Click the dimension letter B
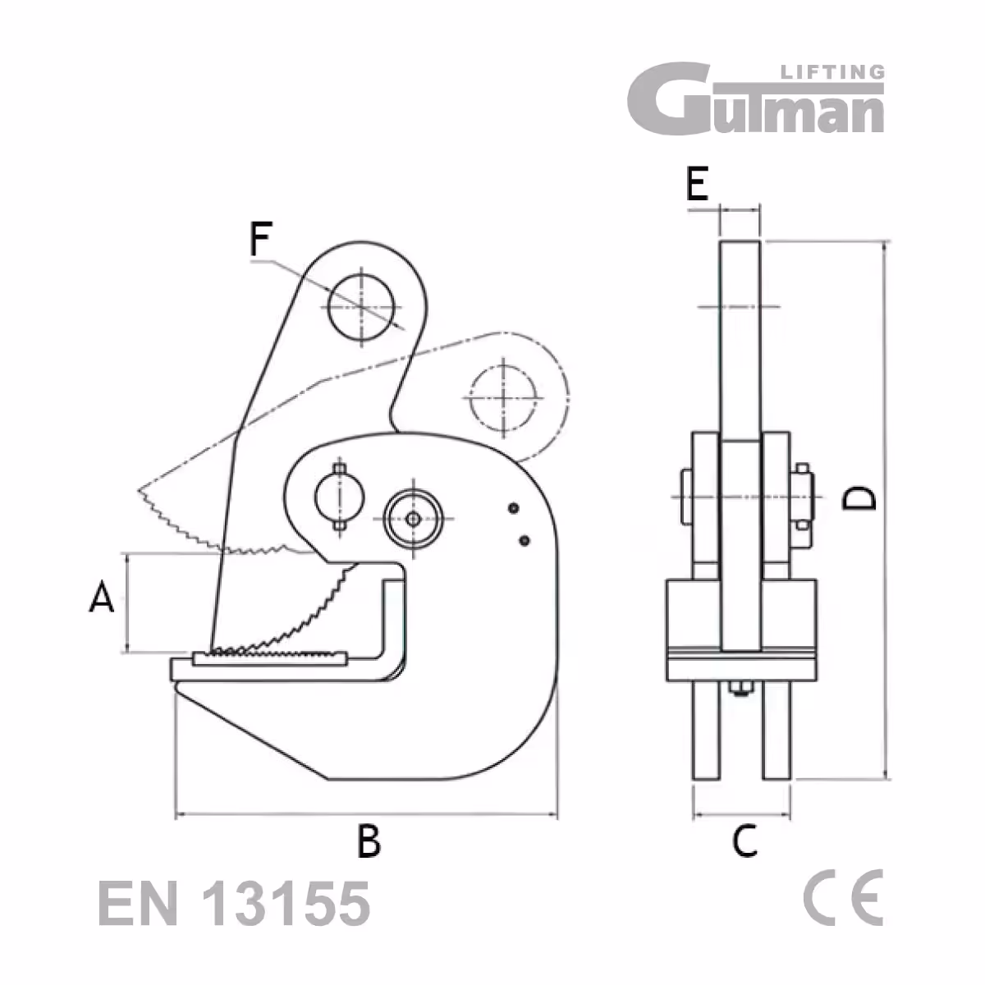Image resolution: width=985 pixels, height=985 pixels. tap(369, 841)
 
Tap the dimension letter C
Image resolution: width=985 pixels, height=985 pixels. tap(744, 841)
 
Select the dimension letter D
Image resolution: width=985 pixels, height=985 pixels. tap(860, 498)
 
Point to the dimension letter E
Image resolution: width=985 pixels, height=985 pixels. tap(697, 184)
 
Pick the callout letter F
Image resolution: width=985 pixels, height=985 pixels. tap(260, 240)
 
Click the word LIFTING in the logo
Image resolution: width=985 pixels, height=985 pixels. tap(830, 72)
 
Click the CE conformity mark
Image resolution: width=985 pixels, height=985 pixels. tap(843, 897)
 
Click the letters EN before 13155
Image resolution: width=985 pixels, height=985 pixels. tap(138, 905)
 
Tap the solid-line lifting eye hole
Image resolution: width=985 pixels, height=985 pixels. tap(360, 305)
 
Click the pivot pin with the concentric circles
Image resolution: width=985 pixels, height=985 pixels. tap(414, 519)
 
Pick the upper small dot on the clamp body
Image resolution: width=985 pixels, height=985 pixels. tap(514, 509)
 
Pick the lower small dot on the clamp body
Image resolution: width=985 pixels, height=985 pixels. tap(525, 540)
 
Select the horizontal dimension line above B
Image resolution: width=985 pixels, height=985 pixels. tap(366, 815)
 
